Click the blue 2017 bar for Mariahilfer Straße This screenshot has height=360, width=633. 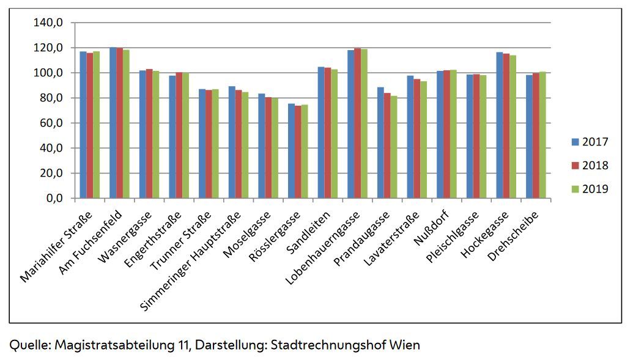(83, 125)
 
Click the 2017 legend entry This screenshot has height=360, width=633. (590, 142)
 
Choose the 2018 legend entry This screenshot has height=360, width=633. (590, 166)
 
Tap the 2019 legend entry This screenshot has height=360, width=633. (590, 189)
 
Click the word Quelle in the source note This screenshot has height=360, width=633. (29, 345)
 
